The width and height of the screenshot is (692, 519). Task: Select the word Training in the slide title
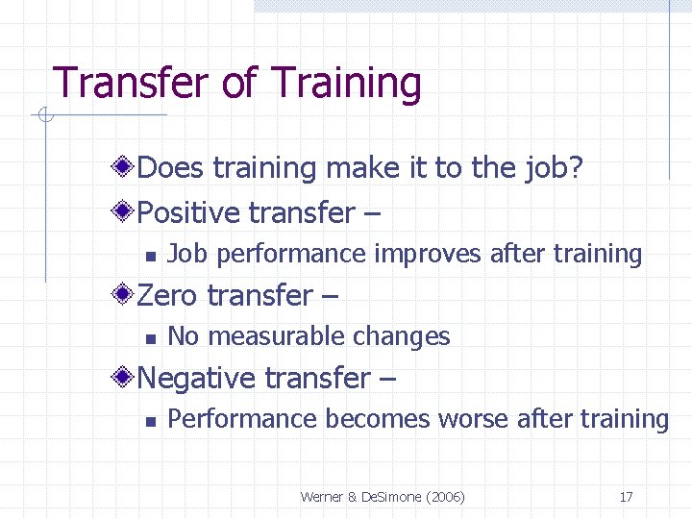[347, 85]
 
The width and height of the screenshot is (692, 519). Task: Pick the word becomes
[379, 419]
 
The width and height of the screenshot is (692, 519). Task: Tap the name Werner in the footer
[324, 497]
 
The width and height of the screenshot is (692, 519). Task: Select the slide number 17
[626, 497]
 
